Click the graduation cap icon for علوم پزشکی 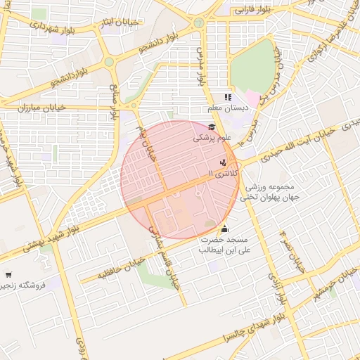[212, 127]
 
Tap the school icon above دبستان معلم [227, 97]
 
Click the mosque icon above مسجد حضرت [225, 229]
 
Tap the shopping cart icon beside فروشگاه [8, 275]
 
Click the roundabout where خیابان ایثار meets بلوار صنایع [109, 63]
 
